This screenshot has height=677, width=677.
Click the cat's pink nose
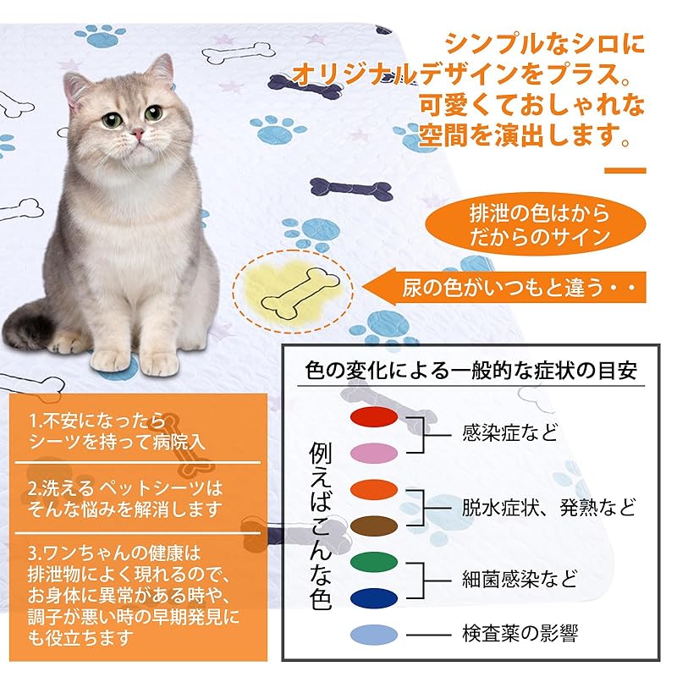click(138, 134)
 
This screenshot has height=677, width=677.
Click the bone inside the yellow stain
click(300, 294)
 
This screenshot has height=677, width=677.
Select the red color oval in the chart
click(374, 416)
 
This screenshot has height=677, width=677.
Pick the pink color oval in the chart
click(374, 453)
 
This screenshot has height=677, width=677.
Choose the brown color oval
click(374, 526)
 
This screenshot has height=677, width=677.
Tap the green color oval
click(374, 562)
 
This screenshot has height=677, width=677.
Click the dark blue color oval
click(374, 598)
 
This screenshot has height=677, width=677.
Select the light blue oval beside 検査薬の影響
click(374, 635)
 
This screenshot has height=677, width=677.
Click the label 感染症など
click(510, 433)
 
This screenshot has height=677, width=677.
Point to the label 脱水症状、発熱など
click(548, 507)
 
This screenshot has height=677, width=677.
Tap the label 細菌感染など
click(520, 579)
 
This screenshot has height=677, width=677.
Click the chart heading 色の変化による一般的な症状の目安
click(471, 371)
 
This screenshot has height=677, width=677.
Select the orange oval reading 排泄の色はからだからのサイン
click(536, 224)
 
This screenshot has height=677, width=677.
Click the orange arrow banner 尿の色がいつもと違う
click(504, 287)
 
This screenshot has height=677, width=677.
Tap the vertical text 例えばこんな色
click(321, 526)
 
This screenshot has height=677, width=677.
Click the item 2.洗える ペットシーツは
click(125, 488)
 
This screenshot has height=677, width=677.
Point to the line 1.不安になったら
click(97, 421)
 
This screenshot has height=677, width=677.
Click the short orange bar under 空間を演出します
click(625, 171)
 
